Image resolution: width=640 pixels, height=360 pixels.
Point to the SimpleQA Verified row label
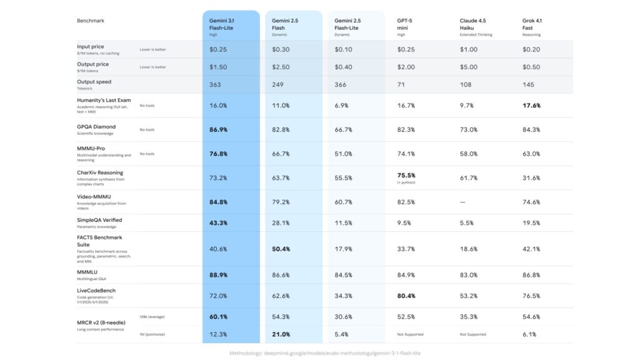click(x=99, y=220)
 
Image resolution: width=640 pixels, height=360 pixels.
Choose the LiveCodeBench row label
click(x=96, y=291)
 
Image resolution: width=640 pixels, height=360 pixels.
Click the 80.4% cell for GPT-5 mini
click(x=406, y=296)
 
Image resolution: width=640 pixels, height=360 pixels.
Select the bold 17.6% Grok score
click(x=531, y=106)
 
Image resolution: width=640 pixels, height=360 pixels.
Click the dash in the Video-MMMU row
click(x=462, y=202)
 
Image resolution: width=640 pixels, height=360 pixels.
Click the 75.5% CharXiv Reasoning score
click(x=406, y=176)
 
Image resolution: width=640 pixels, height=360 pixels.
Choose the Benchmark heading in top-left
click(x=91, y=21)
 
